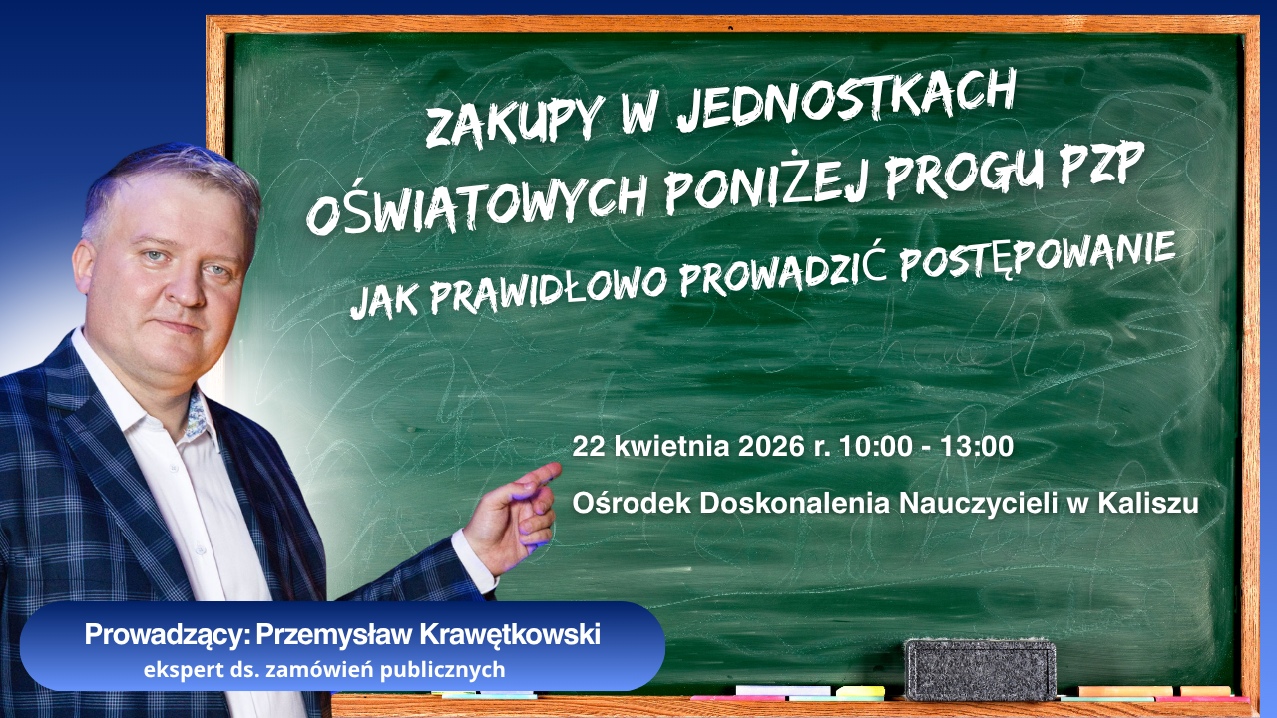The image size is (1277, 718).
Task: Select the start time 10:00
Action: tap(875, 447)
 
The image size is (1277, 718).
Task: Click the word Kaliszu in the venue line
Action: tap(1147, 503)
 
